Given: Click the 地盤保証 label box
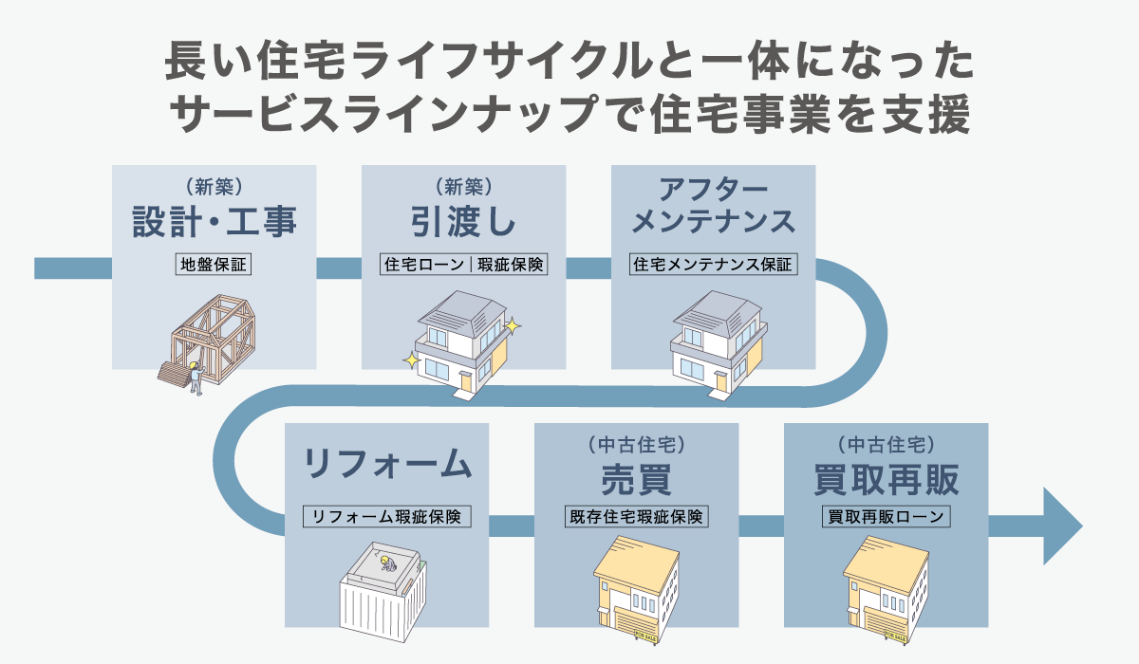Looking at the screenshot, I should [214, 265].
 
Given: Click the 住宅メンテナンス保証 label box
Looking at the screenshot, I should [713, 265].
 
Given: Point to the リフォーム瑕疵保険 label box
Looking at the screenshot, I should [386, 517].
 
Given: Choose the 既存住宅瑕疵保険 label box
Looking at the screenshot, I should [636, 517].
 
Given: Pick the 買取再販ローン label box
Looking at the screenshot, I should [886, 517].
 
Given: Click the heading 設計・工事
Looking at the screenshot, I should [214, 222].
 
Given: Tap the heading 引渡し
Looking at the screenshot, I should [463, 222].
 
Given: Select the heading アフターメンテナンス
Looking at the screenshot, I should [713, 204].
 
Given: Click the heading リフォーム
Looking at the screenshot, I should [386, 465].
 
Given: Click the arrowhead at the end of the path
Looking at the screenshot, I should [1061, 526].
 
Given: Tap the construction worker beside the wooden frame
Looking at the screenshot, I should [195, 376].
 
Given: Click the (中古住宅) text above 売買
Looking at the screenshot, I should [636, 443].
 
